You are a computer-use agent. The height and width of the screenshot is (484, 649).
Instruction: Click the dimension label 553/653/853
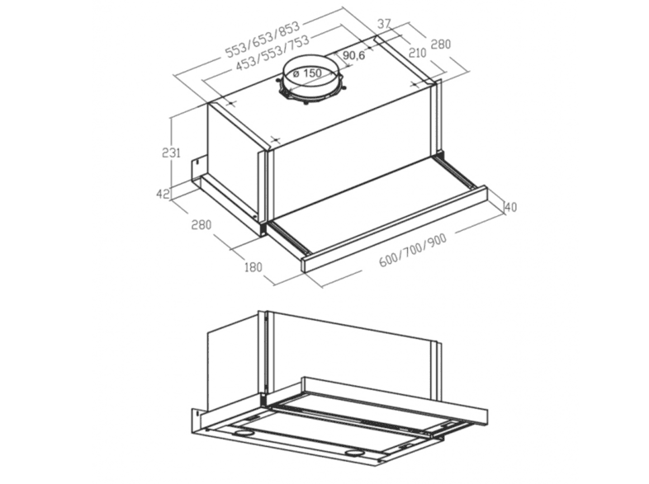(x=262, y=40)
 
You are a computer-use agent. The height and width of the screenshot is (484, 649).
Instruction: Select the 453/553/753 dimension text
(x=272, y=54)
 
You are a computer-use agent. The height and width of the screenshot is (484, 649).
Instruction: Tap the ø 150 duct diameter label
(x=307, y=73)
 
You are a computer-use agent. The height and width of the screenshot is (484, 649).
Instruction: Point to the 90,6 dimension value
(x=354, y=55)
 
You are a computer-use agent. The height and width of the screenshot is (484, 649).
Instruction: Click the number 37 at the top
(x=384, y=24)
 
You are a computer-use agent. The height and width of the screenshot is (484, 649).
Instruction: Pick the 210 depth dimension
(x=417, y=53)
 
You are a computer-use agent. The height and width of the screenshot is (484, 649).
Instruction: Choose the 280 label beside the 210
(x=441, y=44)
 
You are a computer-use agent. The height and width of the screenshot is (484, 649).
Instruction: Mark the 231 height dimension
(x=171, y=153)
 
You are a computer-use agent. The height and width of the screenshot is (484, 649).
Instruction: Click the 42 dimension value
(x=163, y=193)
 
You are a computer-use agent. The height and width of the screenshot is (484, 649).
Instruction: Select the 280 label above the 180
(x=201, y=224)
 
